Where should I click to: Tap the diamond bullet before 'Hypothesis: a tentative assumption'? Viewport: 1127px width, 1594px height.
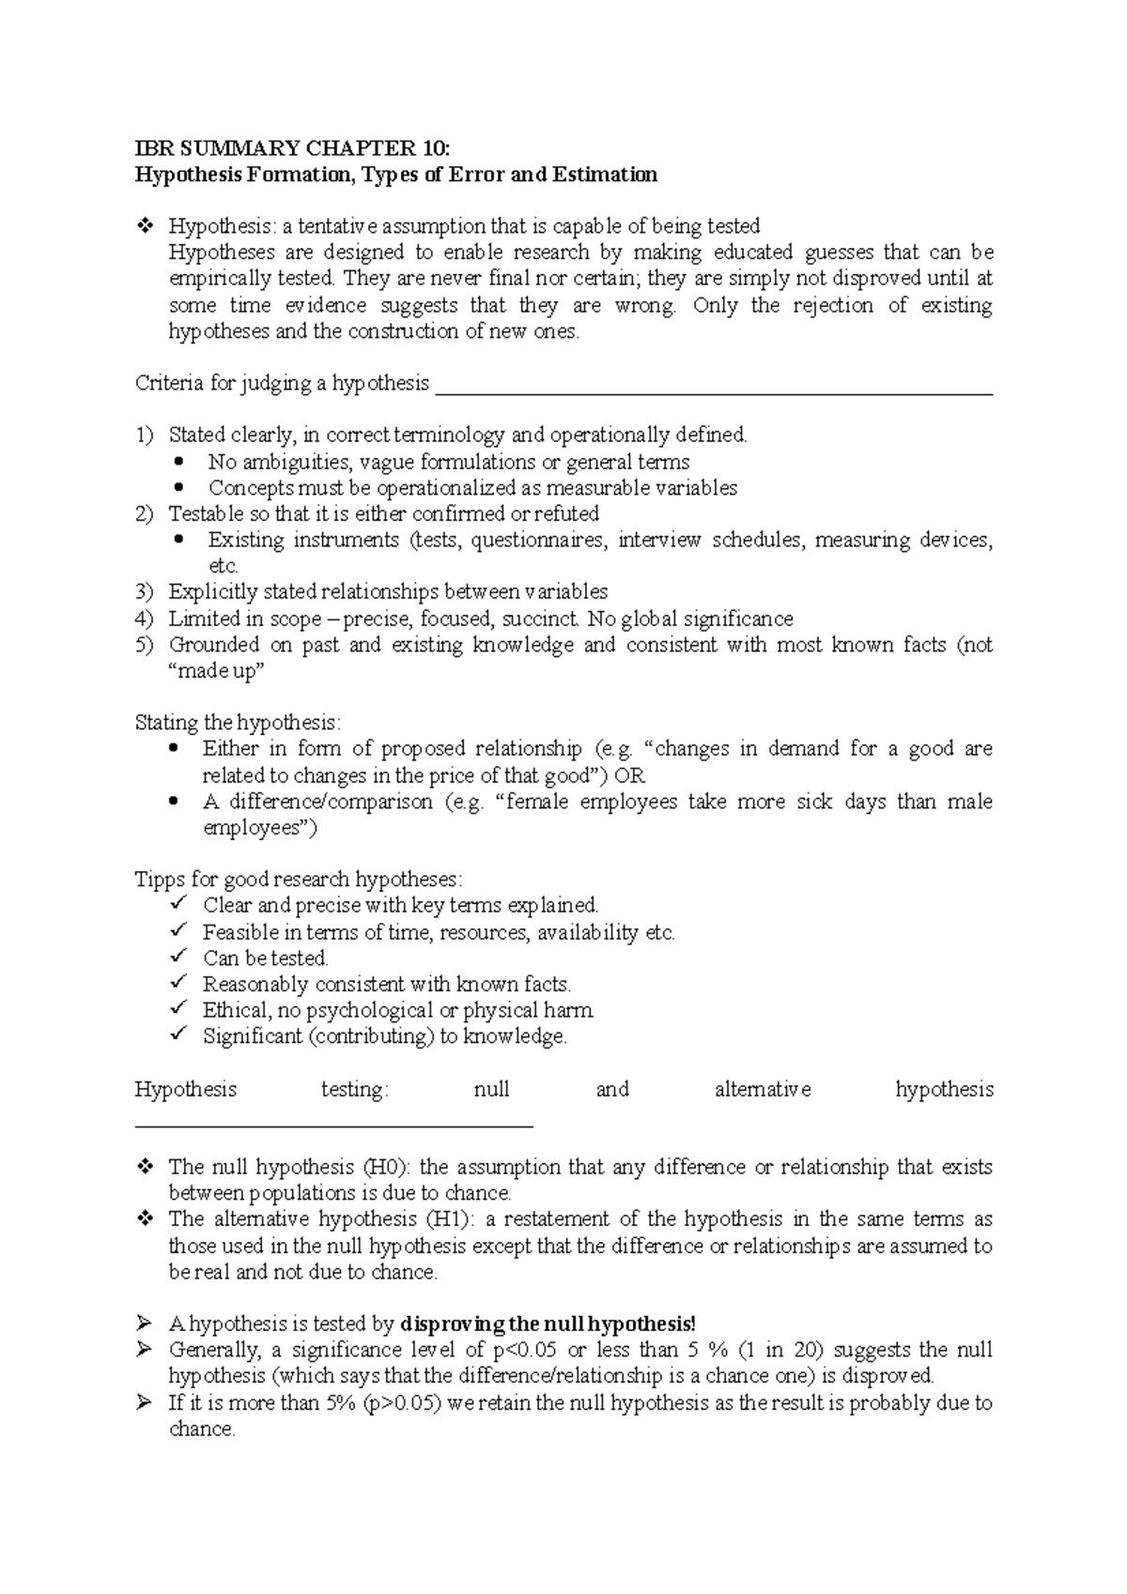[145, 226]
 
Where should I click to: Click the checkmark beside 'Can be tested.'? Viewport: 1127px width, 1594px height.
[179, 958]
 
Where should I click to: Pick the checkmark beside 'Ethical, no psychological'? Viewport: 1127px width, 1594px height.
[179, 1010]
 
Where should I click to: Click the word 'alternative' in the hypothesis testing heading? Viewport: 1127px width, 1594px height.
[762, 1090]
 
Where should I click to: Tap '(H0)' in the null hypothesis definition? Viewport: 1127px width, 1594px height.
[386, 1168]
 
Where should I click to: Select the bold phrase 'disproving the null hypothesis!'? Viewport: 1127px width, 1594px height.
[548, 1325]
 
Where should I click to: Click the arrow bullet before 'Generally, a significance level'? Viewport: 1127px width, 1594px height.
[145, 1351]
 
